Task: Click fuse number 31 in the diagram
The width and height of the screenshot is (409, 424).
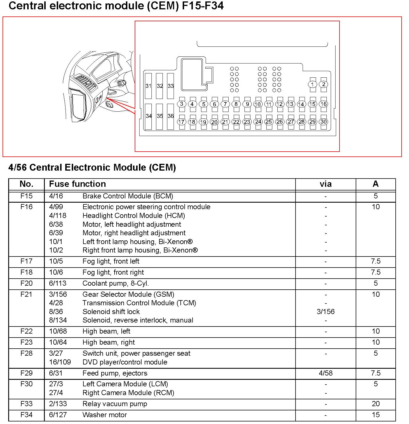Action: (x=148, y=86)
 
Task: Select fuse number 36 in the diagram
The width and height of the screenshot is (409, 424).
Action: (x=170, y=116)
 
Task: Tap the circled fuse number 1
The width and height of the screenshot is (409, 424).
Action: (x=312, y=84)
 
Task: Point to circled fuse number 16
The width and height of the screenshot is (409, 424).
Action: (x=324, y=104)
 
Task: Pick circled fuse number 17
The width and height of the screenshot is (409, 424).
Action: (x=182, y=122)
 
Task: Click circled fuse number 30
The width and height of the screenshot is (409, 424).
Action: (x=324, y=122)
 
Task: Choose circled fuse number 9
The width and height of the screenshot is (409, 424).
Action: (x=247, y=104)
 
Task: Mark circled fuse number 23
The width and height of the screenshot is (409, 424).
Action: (x=247, y=122)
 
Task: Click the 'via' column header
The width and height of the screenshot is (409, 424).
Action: (x=325, y=184)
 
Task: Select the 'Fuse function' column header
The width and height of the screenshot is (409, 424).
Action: (x=77, y=184)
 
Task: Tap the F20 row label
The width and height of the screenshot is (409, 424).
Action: (x=26, y=283)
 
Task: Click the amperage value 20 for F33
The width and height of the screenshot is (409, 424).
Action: (x=376, y=404)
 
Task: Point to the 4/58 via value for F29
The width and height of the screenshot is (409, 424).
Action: (x=325, y=373)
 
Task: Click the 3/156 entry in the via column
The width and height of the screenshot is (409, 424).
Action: (x=325, y=311)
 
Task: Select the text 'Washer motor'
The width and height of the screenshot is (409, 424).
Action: (x=105, y=415)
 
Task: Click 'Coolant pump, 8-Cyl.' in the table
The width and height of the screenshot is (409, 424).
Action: (x=115, y=283)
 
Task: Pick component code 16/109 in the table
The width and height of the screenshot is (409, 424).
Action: (x=60, y=362)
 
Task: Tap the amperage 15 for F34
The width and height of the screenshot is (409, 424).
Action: (x=376, y=415)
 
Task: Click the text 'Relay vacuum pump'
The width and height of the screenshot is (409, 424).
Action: (x=115, y=404)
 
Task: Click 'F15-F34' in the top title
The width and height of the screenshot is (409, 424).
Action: (x=203, y=6)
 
